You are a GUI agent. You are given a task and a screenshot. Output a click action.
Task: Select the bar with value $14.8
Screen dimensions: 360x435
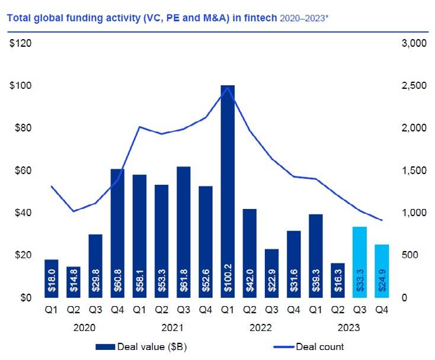tap(73, 282)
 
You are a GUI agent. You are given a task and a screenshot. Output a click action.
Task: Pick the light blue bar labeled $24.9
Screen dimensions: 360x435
tap(382, 271)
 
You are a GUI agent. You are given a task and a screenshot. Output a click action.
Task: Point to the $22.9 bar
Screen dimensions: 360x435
tap(271, 273)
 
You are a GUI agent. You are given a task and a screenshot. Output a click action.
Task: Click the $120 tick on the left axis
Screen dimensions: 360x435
tap(22, 44)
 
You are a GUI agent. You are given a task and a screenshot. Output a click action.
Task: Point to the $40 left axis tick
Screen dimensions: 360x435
tap(22, 213)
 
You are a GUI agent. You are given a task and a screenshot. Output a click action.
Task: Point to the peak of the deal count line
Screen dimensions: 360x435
tap(228, 87)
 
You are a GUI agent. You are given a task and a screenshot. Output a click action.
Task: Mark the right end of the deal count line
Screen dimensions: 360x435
tap(382, 220)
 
